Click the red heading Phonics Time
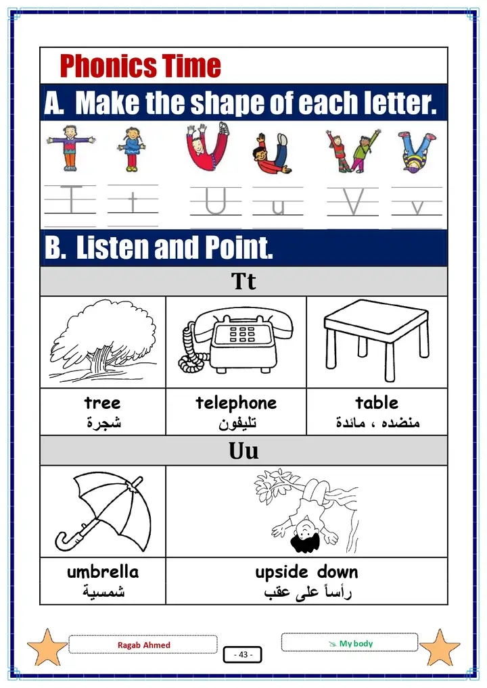140,66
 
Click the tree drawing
103,341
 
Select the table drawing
376,340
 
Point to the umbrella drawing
103,512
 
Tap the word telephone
236,403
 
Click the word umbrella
103,572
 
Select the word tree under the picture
102,403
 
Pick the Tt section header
243,281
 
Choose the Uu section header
243,451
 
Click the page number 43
243,654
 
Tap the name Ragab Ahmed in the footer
143,645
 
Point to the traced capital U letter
216,201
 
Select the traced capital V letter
353,202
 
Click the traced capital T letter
71,199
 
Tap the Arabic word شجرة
103,422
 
